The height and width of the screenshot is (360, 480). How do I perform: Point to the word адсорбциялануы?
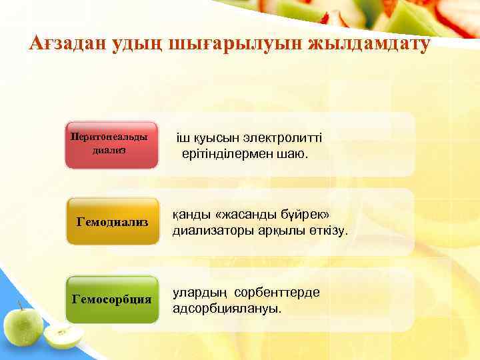click(x=227, y=309)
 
